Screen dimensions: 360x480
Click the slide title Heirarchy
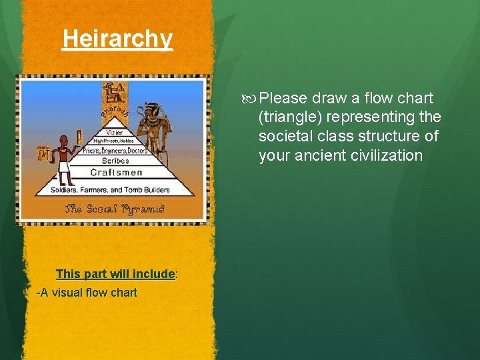click(117, 39)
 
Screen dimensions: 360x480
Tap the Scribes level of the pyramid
click(115, 161)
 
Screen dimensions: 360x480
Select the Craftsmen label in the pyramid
click(116, 173)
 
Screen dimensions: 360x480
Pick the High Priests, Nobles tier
click(113, 141)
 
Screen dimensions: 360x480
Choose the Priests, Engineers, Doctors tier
click(115, 151)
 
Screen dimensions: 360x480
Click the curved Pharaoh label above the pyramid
click(114, 117)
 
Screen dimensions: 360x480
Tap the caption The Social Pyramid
click(115, 209)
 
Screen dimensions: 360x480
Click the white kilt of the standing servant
click(65, 161)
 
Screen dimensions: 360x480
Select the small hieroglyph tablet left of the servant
click(42, 153)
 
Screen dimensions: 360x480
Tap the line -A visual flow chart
click(87, 292)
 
